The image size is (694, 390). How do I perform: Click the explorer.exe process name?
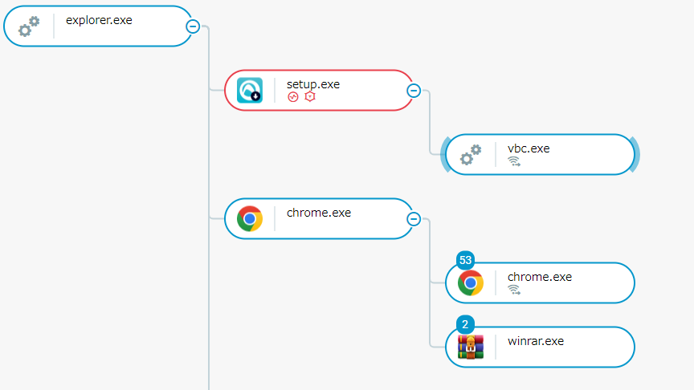pos(99,20)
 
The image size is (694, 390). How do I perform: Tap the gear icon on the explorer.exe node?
pos(29,26)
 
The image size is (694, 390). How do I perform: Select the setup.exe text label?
pos(313,83)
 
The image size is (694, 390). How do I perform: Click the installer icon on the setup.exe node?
pos(250,91)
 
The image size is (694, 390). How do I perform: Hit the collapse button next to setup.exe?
pos(414,90)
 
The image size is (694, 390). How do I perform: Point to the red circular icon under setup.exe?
pos(294,97)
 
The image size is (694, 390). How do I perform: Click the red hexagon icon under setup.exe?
pos(309,97)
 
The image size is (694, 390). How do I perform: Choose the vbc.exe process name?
pos(529,148)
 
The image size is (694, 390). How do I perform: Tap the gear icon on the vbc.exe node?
pos(471,155)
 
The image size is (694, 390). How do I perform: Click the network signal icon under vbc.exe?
pos(514,161)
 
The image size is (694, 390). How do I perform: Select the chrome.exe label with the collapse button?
pos(319,213)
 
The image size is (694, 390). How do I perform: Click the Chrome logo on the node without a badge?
pos(250,218)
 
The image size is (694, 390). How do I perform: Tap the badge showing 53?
pos(466,261)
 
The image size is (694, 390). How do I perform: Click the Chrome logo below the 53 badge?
pos(471,283)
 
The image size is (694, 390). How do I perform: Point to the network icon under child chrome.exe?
pos(514,290)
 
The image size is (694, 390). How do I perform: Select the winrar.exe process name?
pos(536,340)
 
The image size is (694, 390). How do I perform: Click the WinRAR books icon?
pos(471,347)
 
